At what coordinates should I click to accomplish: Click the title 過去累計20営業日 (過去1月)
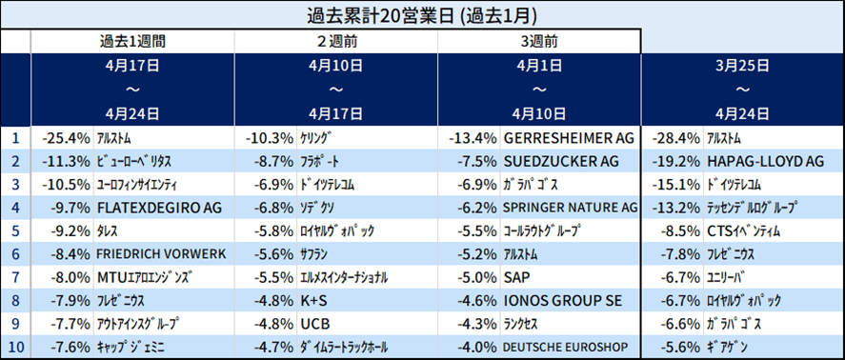421,15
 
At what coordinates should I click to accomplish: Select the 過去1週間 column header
132,41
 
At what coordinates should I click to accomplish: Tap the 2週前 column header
336,41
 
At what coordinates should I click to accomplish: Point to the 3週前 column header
539,41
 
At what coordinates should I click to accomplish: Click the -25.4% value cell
67,138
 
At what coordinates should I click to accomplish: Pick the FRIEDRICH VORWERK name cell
162,254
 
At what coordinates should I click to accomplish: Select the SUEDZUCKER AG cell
561,161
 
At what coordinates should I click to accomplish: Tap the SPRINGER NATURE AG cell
570,208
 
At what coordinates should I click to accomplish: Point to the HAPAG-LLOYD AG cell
765,161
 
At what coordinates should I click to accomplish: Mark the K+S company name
313,300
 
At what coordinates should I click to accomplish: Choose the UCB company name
314,324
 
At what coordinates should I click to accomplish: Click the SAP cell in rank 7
516,277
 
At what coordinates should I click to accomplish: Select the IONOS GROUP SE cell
562,300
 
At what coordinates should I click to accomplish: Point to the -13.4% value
473,138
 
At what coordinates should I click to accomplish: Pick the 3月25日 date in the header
743,66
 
